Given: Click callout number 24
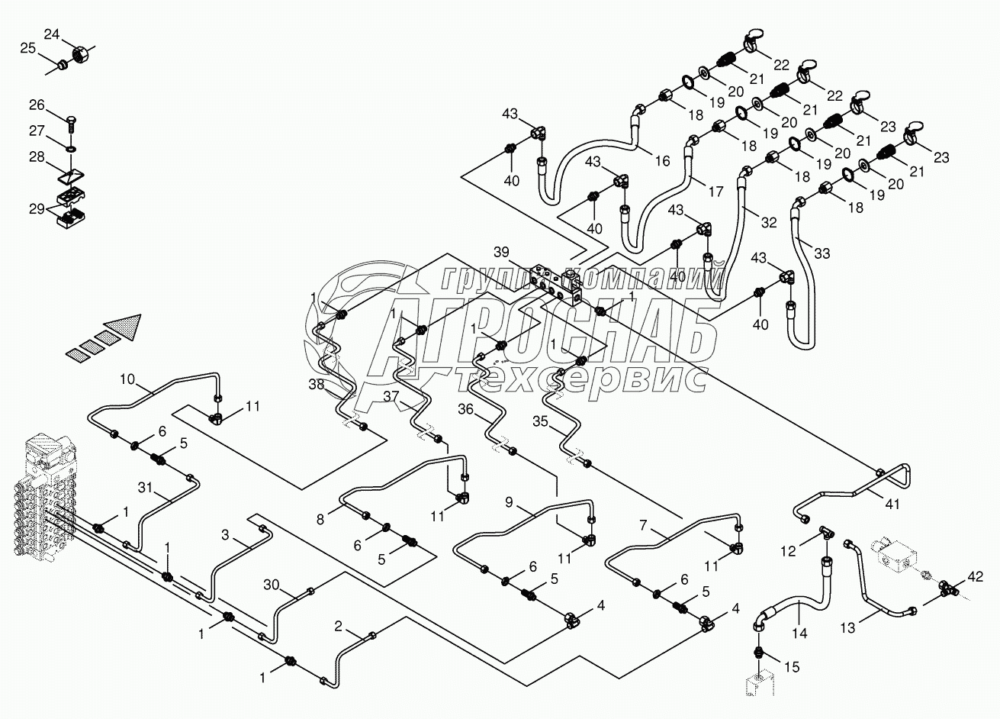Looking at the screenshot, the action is click(x=52, y=34).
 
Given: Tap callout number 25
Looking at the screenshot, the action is click(x=27, y=48).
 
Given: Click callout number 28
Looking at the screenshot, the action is click(x=37, y=156).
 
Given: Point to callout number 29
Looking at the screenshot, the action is click(x=37, y=208).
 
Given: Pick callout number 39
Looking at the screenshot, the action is click(x=501, y=252).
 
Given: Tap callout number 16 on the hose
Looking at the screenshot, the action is click(x=663, y=161).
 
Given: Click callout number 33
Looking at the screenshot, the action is click(x=822, y=253).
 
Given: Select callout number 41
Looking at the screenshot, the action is click(x=892, y=505).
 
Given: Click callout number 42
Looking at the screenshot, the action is click(x=976, y=576).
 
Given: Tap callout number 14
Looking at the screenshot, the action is click(x=799, y=633).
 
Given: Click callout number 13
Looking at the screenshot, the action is click(x=847, y=627).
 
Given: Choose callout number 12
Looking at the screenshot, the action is click(x=788, y=551).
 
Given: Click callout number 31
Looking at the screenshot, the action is click(x=145, y=488).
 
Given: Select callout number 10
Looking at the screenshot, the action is click(x=127, y=379).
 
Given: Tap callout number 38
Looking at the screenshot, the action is click(x=317, y=384).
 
